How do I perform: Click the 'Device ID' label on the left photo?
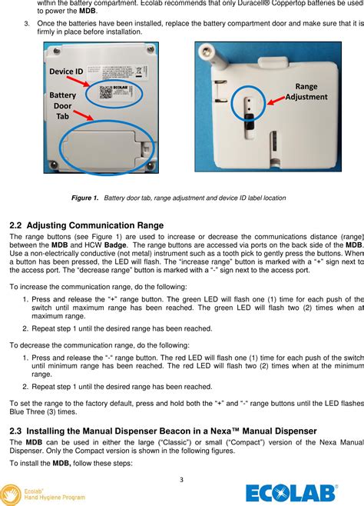pos(66,72)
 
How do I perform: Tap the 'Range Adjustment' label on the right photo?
pos(306,92)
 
